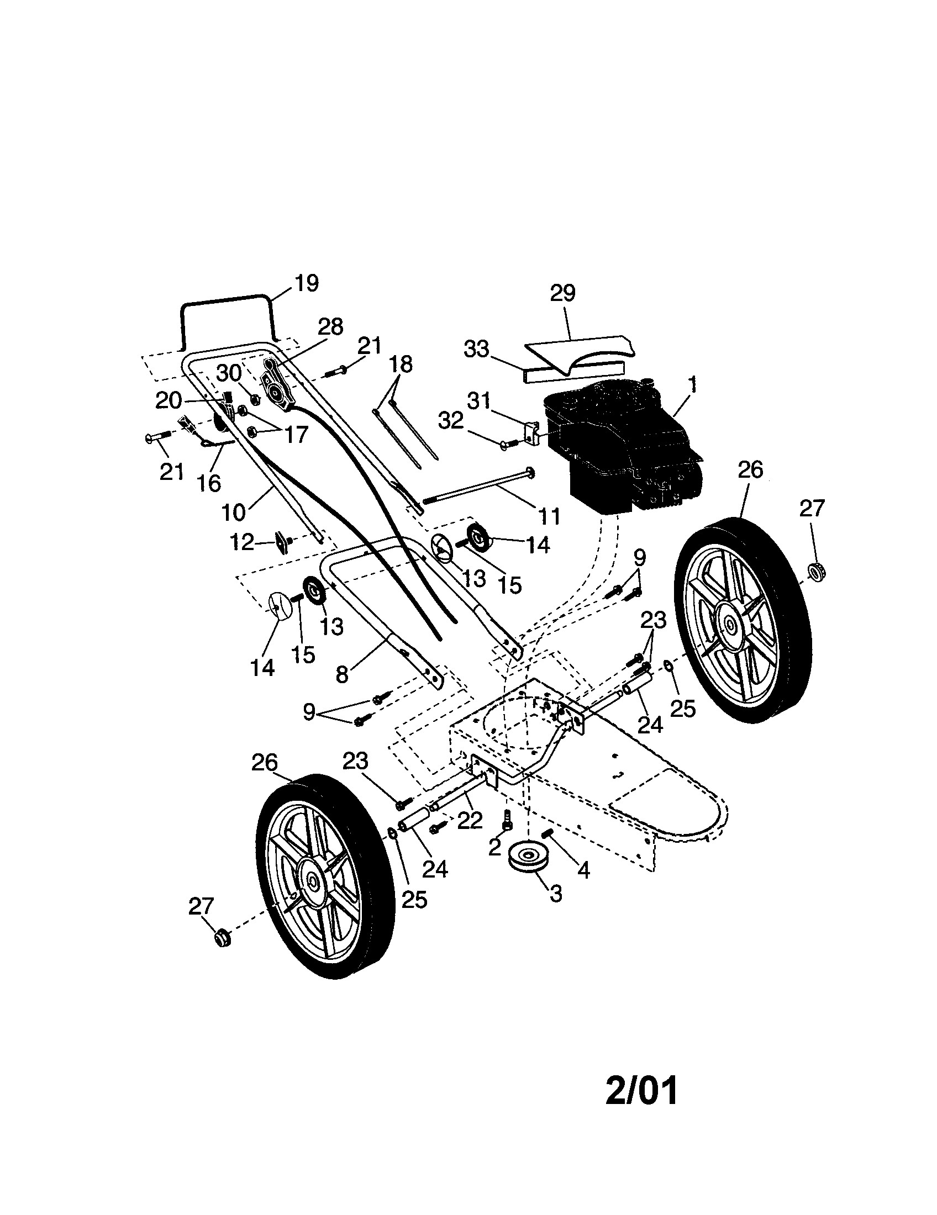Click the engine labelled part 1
point(620,445)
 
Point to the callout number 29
point(562,293)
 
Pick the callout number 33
point(476,350)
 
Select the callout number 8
point(341,674)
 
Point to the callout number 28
point(330,326)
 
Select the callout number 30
point(229,373)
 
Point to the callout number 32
point(451,421)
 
